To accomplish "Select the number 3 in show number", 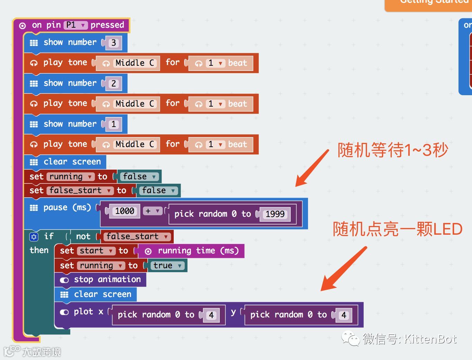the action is click(114, 43).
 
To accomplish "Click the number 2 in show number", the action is click(114, 84).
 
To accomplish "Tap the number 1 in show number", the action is click(114, 124).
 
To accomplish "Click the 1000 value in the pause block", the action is click(125, 211).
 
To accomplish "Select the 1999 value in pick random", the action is click(275, 214).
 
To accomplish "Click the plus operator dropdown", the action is click(152, 211).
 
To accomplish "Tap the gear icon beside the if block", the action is click(34, 236).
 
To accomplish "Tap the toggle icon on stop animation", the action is click(64, 280).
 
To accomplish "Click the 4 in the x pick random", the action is click(211, 315).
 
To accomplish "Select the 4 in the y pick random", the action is click(344, 315).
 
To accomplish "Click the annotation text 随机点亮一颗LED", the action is click(397, 229).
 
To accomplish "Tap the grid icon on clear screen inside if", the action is click(64, 295).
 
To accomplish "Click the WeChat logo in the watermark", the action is click(351, 339).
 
